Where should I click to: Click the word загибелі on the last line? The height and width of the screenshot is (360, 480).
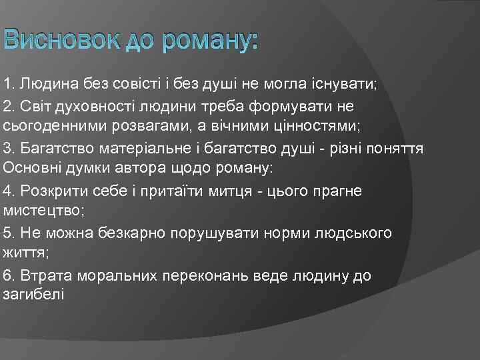pos(33,295)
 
